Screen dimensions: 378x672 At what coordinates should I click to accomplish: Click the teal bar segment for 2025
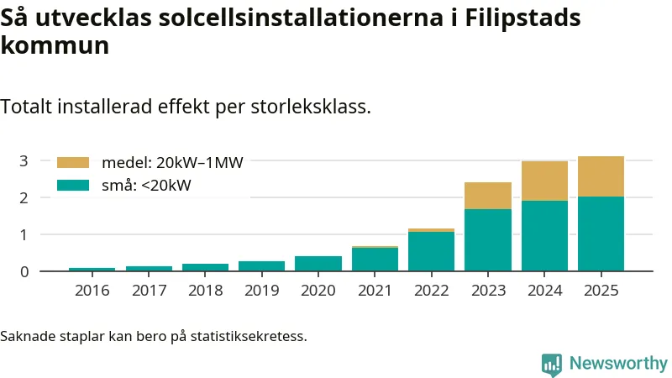click(601, 234)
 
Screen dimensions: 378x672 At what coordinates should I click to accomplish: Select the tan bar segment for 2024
click(544, 181)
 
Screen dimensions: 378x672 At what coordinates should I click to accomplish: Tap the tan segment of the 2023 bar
click(487, 196)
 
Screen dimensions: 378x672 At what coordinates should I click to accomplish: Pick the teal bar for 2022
click(431, 251)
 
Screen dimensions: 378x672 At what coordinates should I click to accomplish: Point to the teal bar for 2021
click(375, 260)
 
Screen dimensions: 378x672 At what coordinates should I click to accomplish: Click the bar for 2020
click(318, 264)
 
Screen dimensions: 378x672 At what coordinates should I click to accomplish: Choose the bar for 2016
click(92, 270)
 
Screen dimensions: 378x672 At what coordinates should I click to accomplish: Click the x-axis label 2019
click(261, 291)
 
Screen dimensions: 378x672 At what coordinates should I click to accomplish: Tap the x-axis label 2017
click(149, 291)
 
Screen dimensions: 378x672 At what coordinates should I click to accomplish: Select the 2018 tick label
click(205, 291)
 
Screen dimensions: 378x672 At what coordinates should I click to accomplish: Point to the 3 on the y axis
click(24, 160)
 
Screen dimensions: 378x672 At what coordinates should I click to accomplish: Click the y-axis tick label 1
click(24, 234)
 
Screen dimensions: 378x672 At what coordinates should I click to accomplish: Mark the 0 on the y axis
click(24, 271)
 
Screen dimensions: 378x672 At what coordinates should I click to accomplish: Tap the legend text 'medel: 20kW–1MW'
click(172, 163)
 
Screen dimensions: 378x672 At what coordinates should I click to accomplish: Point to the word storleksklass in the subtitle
click(305, 108)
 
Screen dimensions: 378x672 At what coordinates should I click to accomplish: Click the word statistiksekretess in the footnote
click(249, 337)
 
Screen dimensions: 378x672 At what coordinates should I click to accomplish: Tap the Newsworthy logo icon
click(552, 364)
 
